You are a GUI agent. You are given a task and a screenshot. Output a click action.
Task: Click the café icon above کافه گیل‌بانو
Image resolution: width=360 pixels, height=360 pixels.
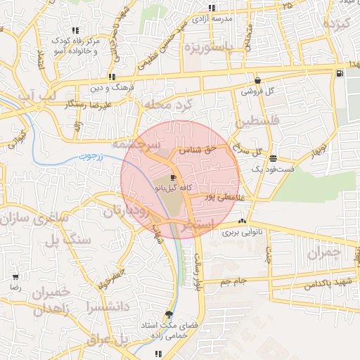pyautogui.click(x=174, y=179)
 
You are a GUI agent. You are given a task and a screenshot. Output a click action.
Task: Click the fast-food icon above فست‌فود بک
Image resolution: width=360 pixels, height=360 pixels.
pyautogui.click(x=272, y=159)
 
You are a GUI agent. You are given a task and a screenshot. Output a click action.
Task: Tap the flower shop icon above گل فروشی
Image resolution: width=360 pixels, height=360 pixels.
pyautogui.click(x=258, y=81)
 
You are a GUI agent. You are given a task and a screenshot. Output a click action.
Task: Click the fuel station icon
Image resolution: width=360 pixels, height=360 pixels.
pyautogui.click(x=340, y=73)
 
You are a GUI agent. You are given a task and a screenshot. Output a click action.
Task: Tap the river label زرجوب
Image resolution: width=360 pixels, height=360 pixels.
pyautogui.click(x=90, y=156)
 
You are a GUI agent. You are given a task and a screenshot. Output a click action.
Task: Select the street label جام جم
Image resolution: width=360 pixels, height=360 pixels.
pyautogui.click(x=232, y=281)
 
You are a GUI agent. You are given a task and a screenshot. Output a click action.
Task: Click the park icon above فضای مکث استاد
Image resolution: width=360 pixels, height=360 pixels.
pyautogui.click(x=169, y=314)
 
